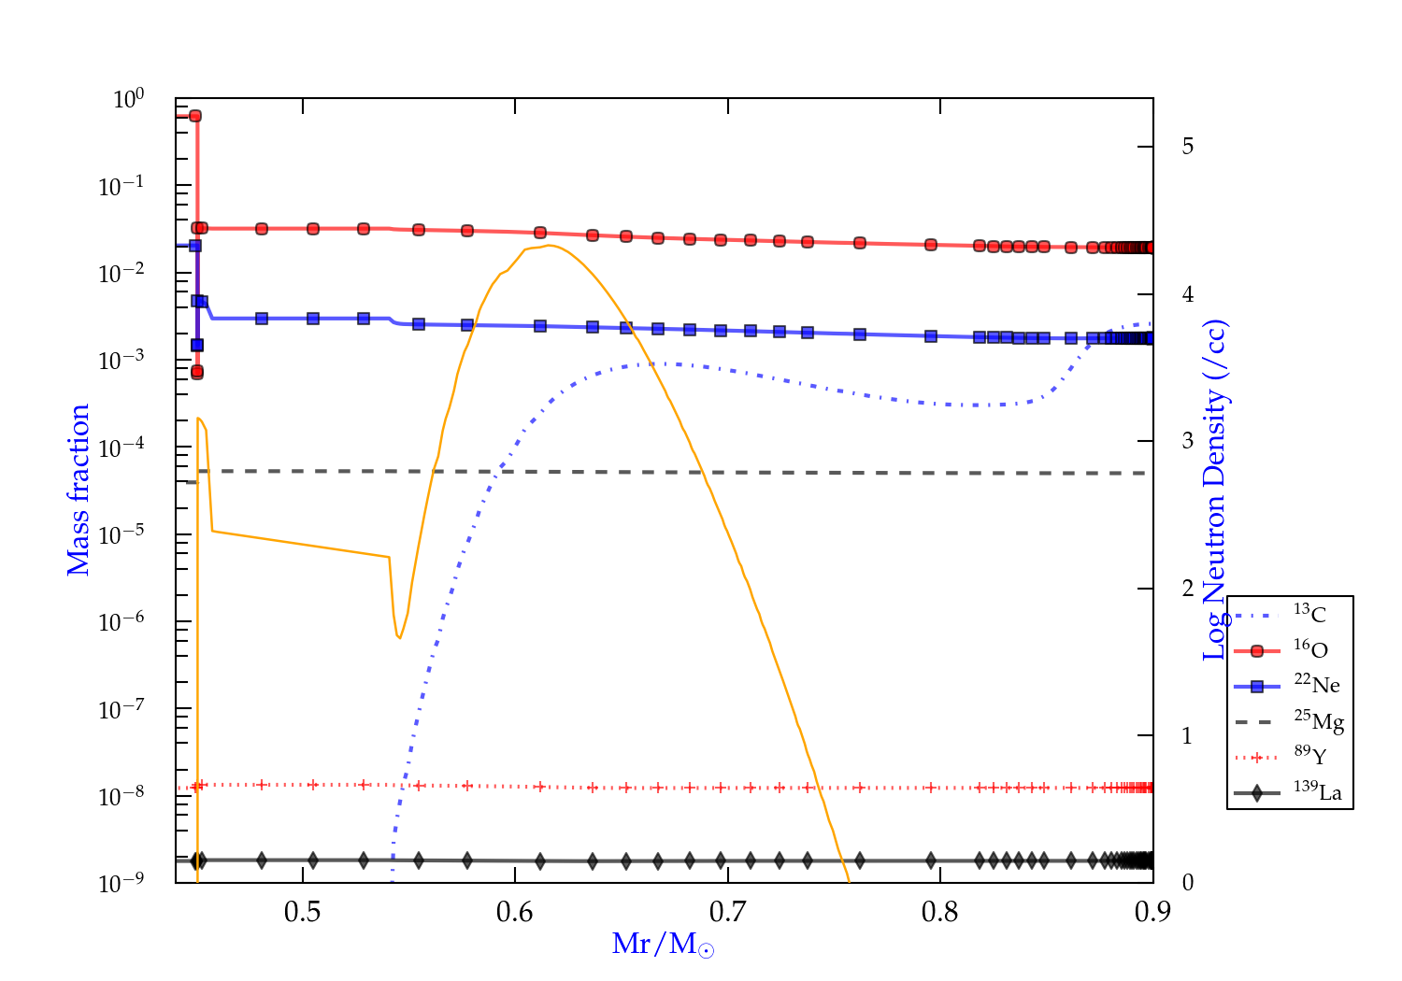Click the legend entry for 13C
pyautogui.click(x=1309, y=614)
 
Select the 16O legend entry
pyautogui.click(x=1310, y=649)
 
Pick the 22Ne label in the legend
pyautogui.click(x=1316, y=685)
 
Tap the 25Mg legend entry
pyautogui.click(x=1318, y=721)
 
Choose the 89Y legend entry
pyautogui.click(x=1309, y=756)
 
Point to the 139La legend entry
pyautogui.click(x=1317, y=792)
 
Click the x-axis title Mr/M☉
pyautogui.click(x=663, y=945)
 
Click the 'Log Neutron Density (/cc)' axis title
pyautogui.click(x=1215, y=490)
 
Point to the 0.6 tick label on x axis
pyautogui.click(x=515, y=912)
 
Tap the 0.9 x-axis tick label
pyautogui.click(x=1152, y=912)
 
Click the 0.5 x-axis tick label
pyautogui.click(x=302, y=912)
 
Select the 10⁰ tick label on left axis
pyautogui.click(x=128, y=99)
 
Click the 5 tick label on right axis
pyautogui.click(x=1187, y=147)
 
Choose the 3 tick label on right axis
pyautogui.click(x=1187, y=441)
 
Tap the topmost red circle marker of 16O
pyautogui.click(x=195, y=116)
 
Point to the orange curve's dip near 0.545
pyautogui.click(x=399, y=637)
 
